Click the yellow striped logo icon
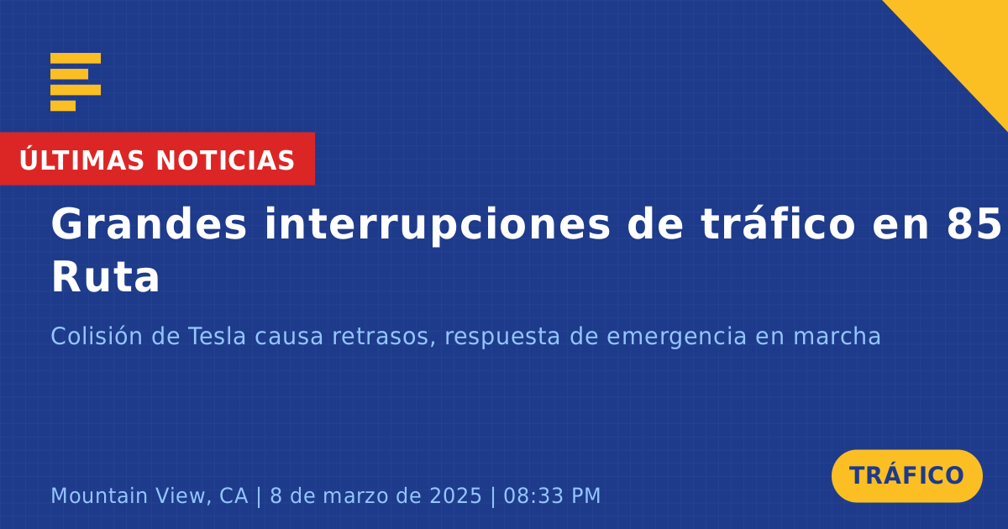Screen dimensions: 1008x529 point(76,82)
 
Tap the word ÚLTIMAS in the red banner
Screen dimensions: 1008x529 point(81,159)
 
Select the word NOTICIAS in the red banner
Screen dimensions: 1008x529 point(225,160)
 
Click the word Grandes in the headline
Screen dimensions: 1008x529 point(149,224)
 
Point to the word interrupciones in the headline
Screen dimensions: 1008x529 point(437,224)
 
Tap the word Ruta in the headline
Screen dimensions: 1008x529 point(106,277)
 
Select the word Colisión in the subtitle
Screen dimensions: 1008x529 point(97,336)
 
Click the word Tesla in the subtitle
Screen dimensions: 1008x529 point(217,336)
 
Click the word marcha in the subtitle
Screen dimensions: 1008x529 point(836,336)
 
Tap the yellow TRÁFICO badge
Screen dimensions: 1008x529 point(906,475)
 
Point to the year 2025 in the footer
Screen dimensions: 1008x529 point(455,495)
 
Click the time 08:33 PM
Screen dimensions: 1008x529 point(552,495)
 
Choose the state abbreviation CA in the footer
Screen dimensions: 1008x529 point(234,495)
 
